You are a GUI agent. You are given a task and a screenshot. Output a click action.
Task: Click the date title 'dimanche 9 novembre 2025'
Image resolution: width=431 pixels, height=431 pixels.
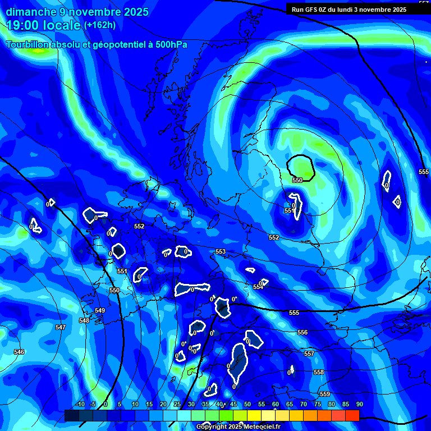coord(77,12)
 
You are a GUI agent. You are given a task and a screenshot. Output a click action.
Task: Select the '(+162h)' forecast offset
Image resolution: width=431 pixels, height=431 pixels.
coord(100,25)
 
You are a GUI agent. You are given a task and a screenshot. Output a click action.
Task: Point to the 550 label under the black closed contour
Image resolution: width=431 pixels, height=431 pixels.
coord(297,180)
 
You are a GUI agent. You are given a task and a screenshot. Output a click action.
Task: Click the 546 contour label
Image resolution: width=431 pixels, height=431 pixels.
coord(19,352)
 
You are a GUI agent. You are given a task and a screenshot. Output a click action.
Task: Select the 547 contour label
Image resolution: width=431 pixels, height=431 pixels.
coord(61,327)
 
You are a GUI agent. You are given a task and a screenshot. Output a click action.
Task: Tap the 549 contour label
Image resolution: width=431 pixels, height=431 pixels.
coord(100,310)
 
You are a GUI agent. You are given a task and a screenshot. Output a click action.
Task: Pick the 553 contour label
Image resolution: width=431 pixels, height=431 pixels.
coord(221,252)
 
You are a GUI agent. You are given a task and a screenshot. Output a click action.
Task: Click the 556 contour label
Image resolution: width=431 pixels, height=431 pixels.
coord(302,333)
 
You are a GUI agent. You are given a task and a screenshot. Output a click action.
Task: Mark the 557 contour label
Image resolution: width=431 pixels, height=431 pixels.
coord(309,354)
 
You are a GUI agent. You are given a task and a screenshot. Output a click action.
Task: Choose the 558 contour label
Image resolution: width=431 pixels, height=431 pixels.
coord(319,373)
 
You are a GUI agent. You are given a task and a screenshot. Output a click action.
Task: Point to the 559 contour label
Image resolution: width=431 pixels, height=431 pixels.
coord(324,394)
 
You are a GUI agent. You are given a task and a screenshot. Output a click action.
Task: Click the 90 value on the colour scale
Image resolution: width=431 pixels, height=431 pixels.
coord(359,405)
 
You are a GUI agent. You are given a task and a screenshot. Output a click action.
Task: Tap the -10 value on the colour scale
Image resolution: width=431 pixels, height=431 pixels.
coord(80,405)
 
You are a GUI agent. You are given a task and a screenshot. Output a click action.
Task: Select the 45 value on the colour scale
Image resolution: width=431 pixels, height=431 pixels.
coord(233,405)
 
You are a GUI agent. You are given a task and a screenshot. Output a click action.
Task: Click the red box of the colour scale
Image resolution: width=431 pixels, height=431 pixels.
coord(352,415)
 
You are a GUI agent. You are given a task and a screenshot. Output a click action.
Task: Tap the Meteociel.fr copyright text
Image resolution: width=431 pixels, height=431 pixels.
coord(238,427)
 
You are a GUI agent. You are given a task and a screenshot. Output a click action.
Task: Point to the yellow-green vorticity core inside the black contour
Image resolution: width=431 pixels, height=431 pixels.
coord(301,166)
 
